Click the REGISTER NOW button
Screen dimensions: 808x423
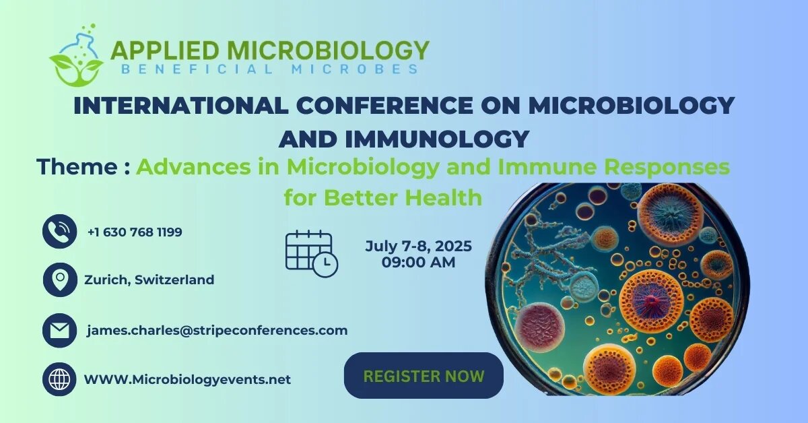point(424,375)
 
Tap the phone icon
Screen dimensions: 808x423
point(59,231)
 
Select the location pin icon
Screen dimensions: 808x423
point(60,280)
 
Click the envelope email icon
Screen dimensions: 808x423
point(59,330)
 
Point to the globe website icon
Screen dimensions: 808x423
point(59,379)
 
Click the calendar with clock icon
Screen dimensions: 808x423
point(312,253)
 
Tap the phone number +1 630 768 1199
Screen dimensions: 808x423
point(135,232)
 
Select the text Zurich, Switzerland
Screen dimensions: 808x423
point(149,280)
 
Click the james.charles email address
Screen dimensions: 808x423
point(217,330)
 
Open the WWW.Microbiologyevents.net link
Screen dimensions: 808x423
point(187,379)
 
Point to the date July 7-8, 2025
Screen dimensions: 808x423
point(418,246)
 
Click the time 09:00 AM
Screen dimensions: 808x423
point(418,263)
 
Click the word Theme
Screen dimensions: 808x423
point(77,167)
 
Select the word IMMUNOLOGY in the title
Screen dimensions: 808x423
point(437,139)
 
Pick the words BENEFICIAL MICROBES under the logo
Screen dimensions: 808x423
point(270,69)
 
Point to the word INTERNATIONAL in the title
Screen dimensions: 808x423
point(181,106)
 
